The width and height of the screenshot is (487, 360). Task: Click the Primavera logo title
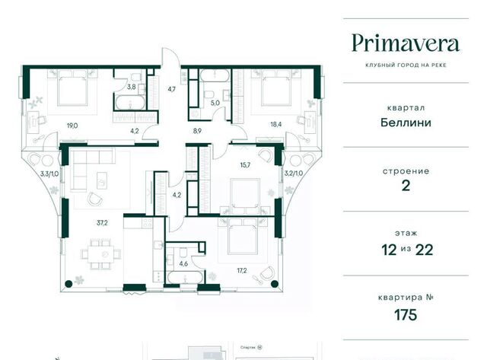click(406, 43)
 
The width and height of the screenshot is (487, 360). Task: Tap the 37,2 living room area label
click(102, 222)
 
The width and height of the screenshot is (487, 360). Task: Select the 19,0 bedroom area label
click(72, 126)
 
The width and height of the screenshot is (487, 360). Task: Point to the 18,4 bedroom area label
click(276, 125)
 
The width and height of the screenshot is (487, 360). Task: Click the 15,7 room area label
click(245, 165)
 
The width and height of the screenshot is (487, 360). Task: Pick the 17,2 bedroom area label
click(242, 270)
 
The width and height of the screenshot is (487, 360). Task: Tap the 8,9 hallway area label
click(197, 131)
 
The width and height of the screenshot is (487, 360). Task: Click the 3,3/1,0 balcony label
click(49, 174)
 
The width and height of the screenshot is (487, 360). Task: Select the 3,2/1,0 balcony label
click(294, 174)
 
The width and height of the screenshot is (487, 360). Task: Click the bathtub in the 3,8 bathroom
click(130, 103)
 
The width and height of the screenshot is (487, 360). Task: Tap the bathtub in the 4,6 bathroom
click(185, 277)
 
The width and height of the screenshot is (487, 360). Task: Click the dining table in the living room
click(100, 254)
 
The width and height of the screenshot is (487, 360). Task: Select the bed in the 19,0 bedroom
click(72, 88)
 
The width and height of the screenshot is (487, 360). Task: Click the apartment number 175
click(406, 315)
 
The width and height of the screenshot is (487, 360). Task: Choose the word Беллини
click(406, 123)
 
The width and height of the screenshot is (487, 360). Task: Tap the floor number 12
click(389, 250)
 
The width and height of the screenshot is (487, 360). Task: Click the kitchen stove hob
click(147, 222)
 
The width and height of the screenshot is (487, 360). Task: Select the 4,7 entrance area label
click(172, 89)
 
